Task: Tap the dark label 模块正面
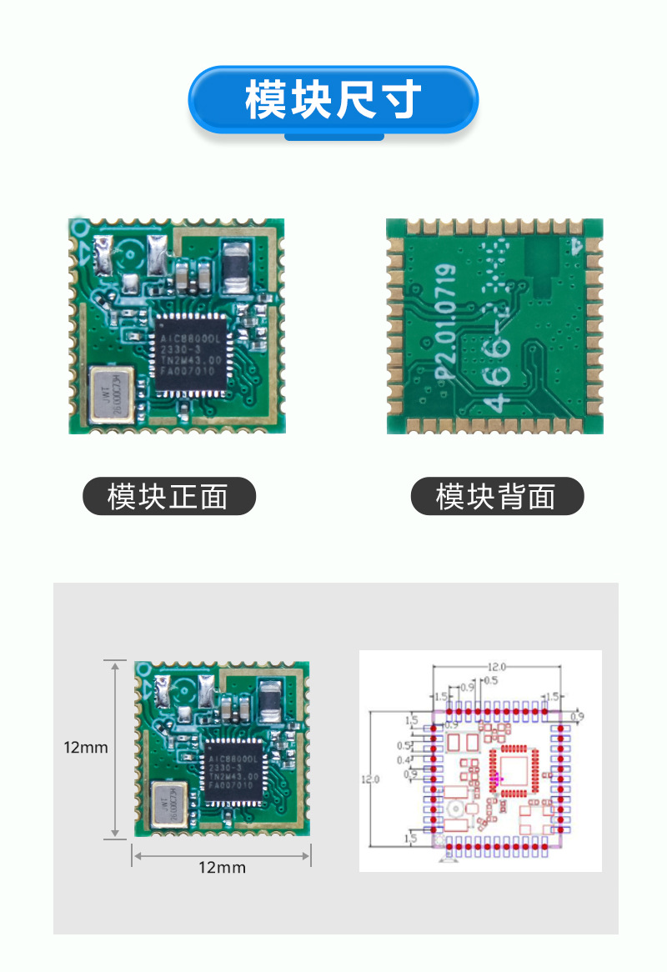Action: [x=168, y=496]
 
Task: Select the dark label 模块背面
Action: [x=497, y=496]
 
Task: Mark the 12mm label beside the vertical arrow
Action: [x=86, y=748]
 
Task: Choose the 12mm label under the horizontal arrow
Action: [x=222, y=868]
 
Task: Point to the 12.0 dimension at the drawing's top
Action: [x=498, y=667]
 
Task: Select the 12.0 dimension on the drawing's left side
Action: [x=369, y=779]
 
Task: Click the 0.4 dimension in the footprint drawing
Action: [x=404, y=759]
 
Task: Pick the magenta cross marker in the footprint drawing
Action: [x=497, y=779]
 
